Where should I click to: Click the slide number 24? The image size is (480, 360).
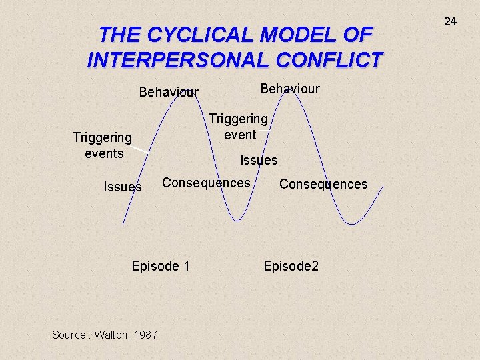(x=451, y=21)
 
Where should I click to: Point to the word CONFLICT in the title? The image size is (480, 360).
(x=331, y=59)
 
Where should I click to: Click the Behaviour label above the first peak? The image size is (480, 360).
(x=169, y=93)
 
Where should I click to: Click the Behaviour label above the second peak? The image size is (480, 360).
(x=290, y=89)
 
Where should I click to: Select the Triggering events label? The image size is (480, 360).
(x=102, y=145)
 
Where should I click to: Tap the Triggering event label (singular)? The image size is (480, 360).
(x=238, y=127)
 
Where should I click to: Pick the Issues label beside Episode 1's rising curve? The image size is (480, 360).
(x=123, y=187)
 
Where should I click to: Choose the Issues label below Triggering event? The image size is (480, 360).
(x=259, y=160)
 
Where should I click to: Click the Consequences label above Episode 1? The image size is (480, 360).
(x=206, y=183)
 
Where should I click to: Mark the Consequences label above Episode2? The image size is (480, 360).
(x=323, y=184)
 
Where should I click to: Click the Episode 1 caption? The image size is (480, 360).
(x=161, y=266)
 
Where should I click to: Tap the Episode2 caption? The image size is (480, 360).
(x=291, y=266)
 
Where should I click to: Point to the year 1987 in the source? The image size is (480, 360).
(x=145, y=335)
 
